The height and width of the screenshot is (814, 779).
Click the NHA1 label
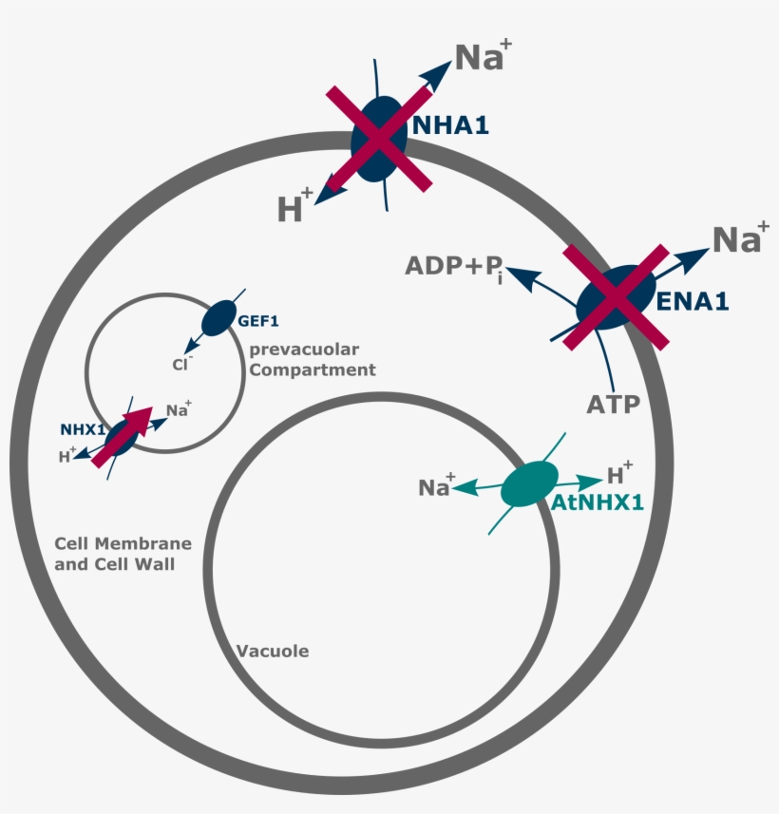click(450, 124)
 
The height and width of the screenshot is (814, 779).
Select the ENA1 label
click(693, 302)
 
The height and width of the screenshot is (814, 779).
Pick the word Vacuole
click(273, 652)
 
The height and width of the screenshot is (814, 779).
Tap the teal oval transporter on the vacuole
click(529, 483)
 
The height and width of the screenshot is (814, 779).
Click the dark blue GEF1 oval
click(220, 317)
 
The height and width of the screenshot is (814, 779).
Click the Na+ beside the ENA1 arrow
click(738, 238)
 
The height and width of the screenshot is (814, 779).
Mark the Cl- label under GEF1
click(177, 363)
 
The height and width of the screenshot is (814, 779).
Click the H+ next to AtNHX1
click(619, 474)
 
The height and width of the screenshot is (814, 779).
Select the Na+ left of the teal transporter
click(437, 487)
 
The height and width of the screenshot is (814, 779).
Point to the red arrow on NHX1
click(123, 436)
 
